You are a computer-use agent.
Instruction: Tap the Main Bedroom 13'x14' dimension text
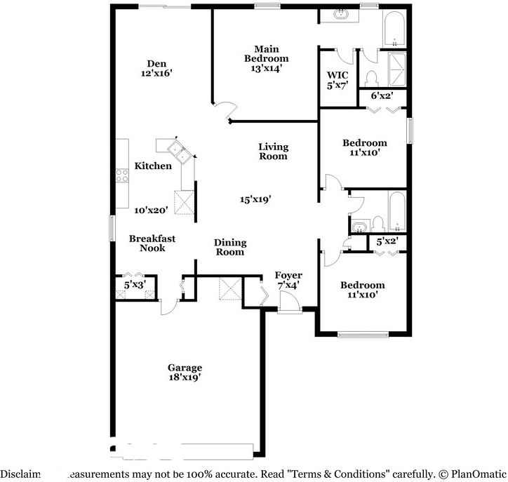pyautogui.click(x=267, y=69)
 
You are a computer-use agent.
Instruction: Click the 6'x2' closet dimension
pyautogui.click(x=382, y=95)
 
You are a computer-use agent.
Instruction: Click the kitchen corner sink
pyautogui.click(x=173, y=148)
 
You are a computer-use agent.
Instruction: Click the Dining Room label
pyautogui.click(x=230, y=247)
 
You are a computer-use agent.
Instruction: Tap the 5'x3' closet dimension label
pyautogui.click(x=134, y=285)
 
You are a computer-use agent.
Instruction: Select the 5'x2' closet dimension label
pyautogui.click(x=388, y=242)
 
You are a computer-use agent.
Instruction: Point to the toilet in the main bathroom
pyautogui.click(x=373, y=75)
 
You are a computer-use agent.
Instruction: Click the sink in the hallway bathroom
pyautogui.click(x=359, y=226)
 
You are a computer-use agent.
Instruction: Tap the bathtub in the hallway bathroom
pyautogui.click(x=396, y=210)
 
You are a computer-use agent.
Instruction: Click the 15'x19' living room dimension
pyautogui.click(x=255, y=199)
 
